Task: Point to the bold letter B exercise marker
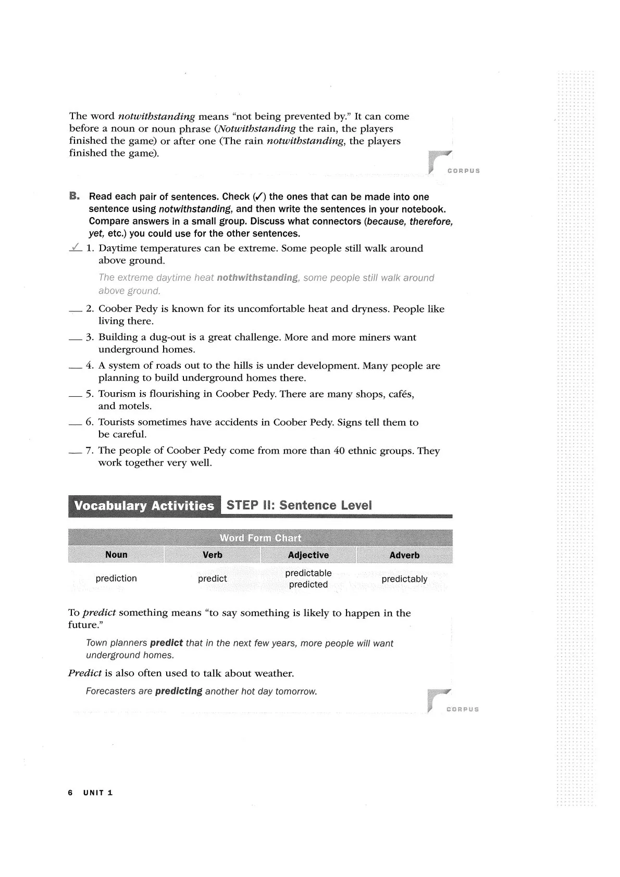click(74, 196)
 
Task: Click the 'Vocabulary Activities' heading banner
click(144, 506)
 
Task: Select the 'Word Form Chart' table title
click(260, 538)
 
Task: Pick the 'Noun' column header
click(116, 555)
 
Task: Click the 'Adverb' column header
click(404, 555)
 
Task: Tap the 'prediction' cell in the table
click(116, 579)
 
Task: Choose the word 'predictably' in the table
click(404, 579)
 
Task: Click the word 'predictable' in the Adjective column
click(308, 573)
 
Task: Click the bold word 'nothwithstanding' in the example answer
click(257, 278)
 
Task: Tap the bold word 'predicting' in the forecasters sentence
click(178, 692)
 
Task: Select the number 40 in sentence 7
click(339, 450)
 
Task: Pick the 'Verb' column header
click(212, 555)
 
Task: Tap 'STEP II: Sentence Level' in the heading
click(299, 505)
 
